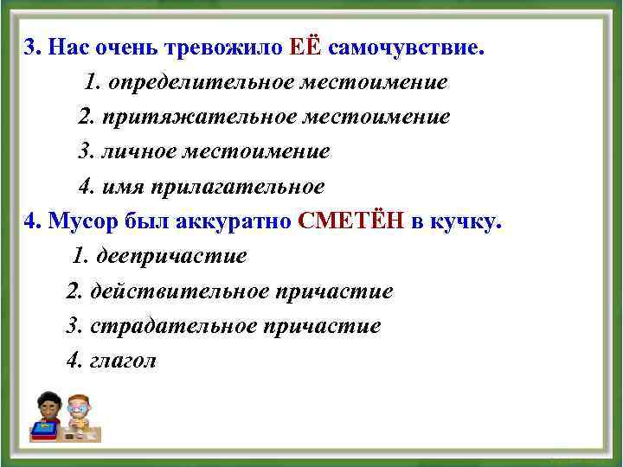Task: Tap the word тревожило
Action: pyautogui.click(x=223, y=48)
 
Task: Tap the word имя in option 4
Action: pyautogui.click(x=124, y=186)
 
